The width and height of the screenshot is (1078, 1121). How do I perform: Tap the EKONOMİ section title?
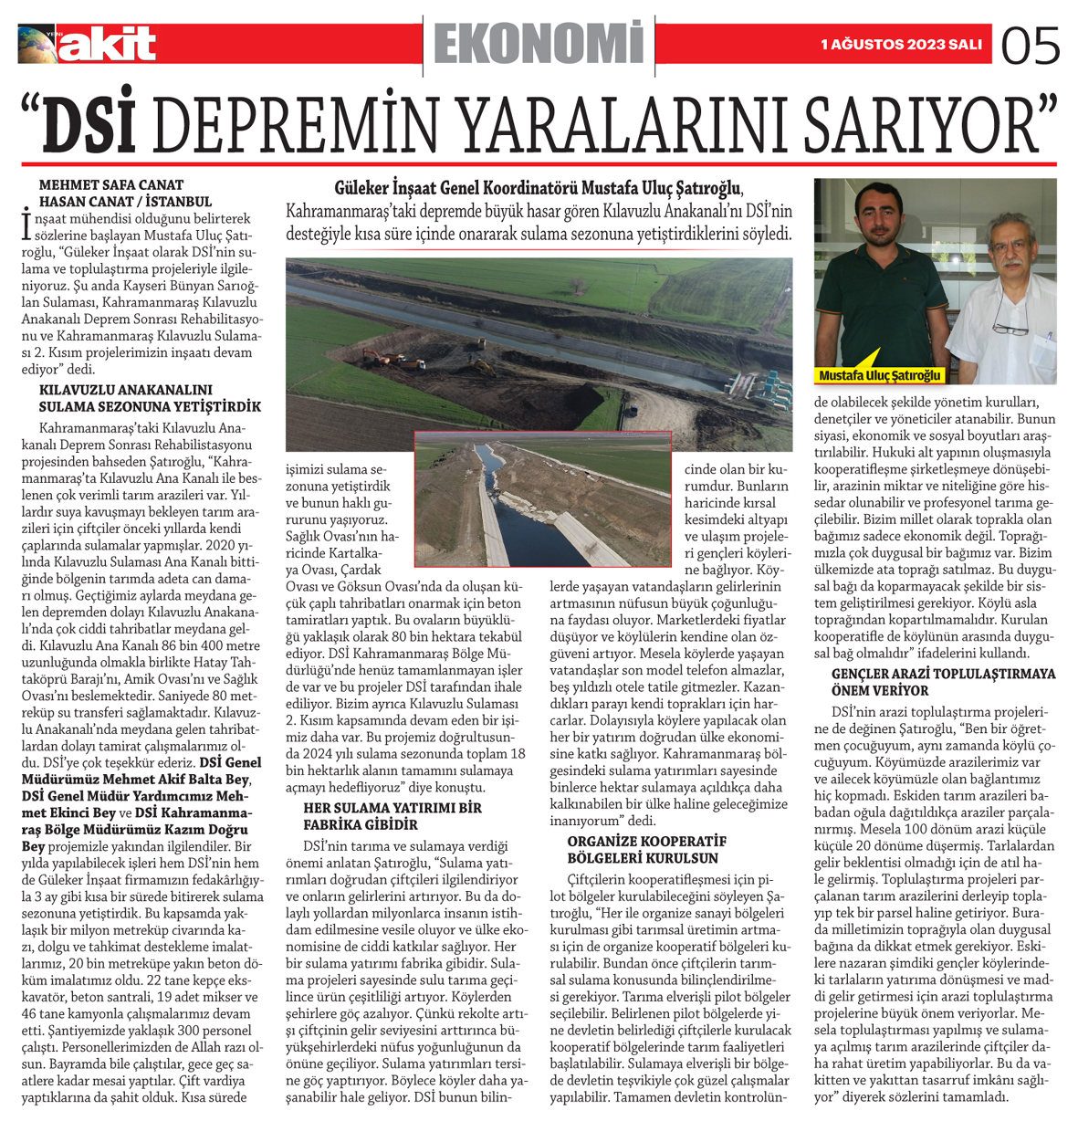539,44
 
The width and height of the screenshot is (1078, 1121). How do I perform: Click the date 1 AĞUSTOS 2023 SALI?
901,45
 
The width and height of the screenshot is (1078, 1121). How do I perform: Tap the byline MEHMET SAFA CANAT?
111,185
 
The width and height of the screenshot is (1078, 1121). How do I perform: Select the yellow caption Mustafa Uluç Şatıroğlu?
879,376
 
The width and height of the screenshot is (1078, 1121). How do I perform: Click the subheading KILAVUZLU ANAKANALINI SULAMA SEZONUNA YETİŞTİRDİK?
150,399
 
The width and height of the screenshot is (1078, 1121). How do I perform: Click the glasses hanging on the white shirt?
1010,325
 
